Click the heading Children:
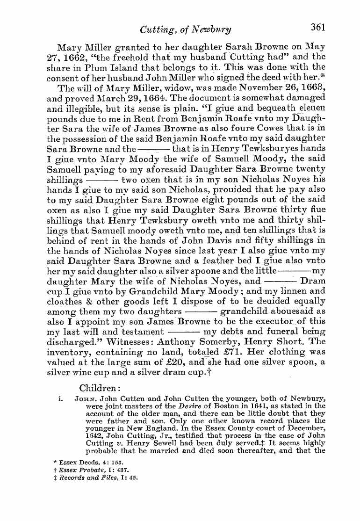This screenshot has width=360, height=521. pos(100,388)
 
